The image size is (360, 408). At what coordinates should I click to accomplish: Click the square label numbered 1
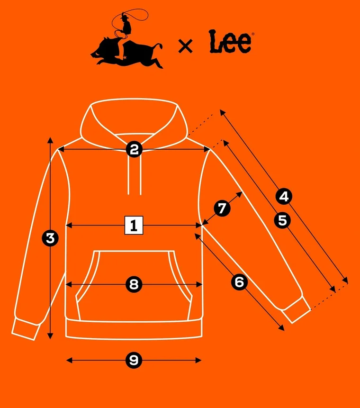(x=134, y=225)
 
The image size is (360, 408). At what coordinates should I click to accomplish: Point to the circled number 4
(x=284, y=196)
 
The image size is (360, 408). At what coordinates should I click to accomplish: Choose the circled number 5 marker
(x=282, y=220)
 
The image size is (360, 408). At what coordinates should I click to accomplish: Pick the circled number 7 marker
(x=222, y=208)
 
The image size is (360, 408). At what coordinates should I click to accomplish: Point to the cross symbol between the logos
(x=185, y=46)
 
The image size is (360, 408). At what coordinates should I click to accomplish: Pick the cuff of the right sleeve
(x=297, y=311)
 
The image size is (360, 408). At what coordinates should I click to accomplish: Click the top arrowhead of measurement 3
(x=50, y=140)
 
